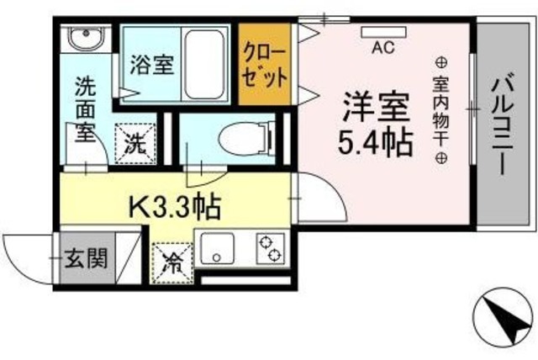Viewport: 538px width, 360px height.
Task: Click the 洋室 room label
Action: [375, 107]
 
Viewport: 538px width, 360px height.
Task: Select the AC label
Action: [383, 49]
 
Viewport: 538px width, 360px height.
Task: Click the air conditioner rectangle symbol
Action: [383, 32]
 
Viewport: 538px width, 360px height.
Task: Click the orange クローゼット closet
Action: [265, 64]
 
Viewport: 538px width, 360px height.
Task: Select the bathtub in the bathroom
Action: [205, 63]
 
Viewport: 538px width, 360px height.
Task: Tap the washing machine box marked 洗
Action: [134, 141]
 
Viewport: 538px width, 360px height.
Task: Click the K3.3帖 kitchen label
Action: [174, 204]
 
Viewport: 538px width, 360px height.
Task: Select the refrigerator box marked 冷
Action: [171, 257]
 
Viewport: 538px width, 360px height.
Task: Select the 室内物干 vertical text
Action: [440, 109]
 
